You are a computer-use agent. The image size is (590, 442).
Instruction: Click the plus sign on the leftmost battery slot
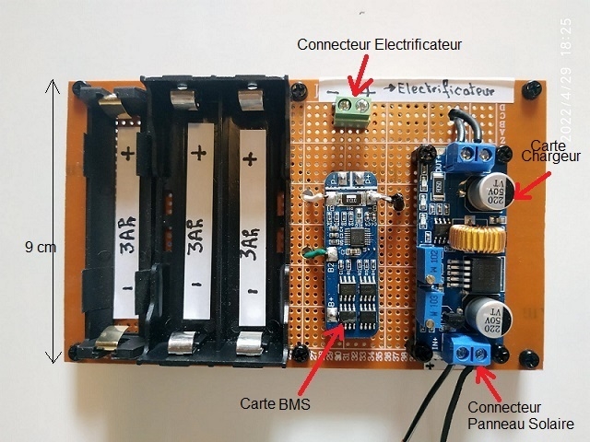pos(127,151)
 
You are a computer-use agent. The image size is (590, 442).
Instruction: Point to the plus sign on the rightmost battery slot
pos(248,157)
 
